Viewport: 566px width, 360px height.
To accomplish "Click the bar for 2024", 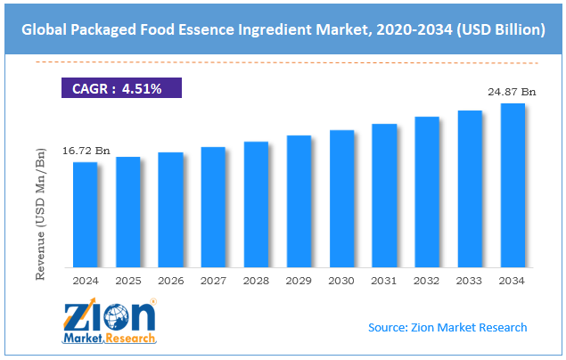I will (x=85, y=215).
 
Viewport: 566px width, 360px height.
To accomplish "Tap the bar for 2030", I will (x=341, y=199).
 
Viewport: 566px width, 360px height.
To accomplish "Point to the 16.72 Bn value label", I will (x=85, y=152).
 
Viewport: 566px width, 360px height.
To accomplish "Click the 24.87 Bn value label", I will (x=512, y=91).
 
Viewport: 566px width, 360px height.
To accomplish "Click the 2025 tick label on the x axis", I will (x=127, y=281).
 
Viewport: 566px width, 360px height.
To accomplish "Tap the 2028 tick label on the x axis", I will (x=256, y=281).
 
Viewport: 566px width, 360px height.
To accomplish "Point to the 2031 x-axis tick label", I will (x=384, y=281).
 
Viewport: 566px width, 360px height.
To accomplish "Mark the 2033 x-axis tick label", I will (x=470, y=281).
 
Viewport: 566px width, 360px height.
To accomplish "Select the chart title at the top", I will (x=283, y=29).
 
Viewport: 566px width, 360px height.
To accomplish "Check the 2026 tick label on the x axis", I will (x=170, y=281).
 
